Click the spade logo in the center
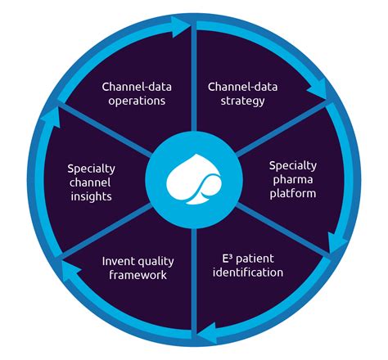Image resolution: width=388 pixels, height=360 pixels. click(x=192, y=179)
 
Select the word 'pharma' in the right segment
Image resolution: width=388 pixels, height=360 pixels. click(x=292, y=179)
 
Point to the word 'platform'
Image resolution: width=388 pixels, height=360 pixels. click(x=292, y=193)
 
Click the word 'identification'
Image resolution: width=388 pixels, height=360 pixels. click(x=249, y=272)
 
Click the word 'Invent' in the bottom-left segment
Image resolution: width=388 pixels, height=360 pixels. click(x=119, y=261)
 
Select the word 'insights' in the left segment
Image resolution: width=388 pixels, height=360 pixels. click(x=90, y=198)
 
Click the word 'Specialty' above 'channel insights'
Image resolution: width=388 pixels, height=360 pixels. click(x=90, y=169)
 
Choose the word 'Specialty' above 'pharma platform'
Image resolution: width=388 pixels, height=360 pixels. click(x=292, y=164)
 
